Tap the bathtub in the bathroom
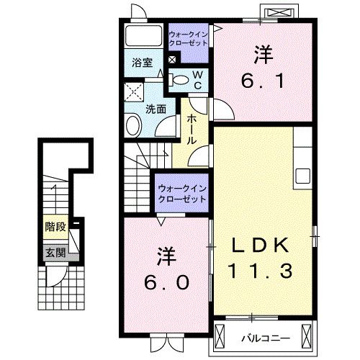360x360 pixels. [x=143, y=37]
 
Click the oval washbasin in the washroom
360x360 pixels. [x=134, y=127]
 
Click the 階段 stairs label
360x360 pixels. [x=55, y=227]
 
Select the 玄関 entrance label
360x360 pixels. [x=55, y=253]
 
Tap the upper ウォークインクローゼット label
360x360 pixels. [x=189, y=38]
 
